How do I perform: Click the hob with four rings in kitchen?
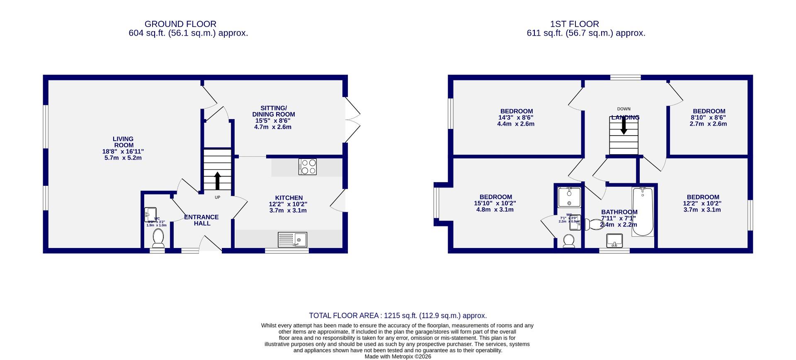coord(307,167)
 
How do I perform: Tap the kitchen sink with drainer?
coord(292,239)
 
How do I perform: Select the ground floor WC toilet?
coord(158,238)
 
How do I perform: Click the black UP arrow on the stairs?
coord(217,180)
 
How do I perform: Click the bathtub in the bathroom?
coord(643,212)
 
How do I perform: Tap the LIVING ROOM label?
coord(123,142)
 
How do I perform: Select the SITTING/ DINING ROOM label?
coord(274,111)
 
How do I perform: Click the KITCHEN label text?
coord(289,198)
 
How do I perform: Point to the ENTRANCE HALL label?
coord(201,220)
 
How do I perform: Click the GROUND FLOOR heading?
coord(180,24)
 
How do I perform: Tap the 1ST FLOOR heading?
coord(574,24)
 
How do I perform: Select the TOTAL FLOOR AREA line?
coord(398,316)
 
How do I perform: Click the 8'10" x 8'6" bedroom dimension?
coord(709,117)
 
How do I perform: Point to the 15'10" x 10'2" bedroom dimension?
coord(495,203)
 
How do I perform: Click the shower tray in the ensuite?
coord(569,197)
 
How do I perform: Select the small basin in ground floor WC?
coord(149,214)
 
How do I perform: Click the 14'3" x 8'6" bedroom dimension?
coord(516,117)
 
